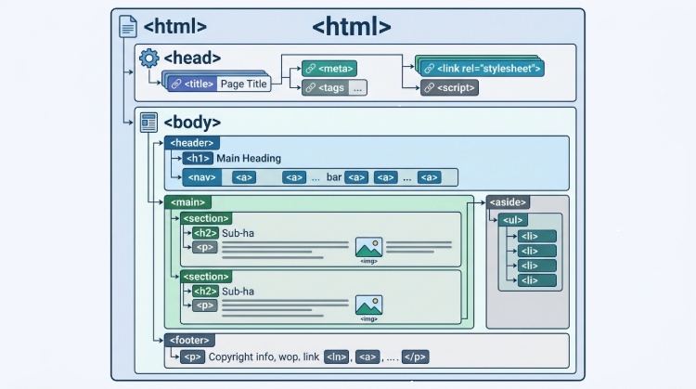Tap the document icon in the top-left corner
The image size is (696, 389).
point(128,27)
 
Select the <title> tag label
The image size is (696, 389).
point(199,84)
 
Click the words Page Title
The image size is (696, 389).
point(243,84)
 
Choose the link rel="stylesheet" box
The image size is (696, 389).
point(481,68)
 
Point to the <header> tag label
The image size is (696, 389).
point(191,143)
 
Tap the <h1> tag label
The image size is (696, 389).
point(198,159)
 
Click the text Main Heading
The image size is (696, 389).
point(249,159)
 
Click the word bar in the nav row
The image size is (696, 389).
point(334,177)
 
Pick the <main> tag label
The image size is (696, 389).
point(188,202)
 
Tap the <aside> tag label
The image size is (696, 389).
point(509,202)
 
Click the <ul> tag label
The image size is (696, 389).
point(513,220)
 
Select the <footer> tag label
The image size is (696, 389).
point(190,341)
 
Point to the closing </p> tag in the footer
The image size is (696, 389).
point(415,357)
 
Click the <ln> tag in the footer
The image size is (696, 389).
point(336,357)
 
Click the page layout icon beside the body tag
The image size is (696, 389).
point(148,122)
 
